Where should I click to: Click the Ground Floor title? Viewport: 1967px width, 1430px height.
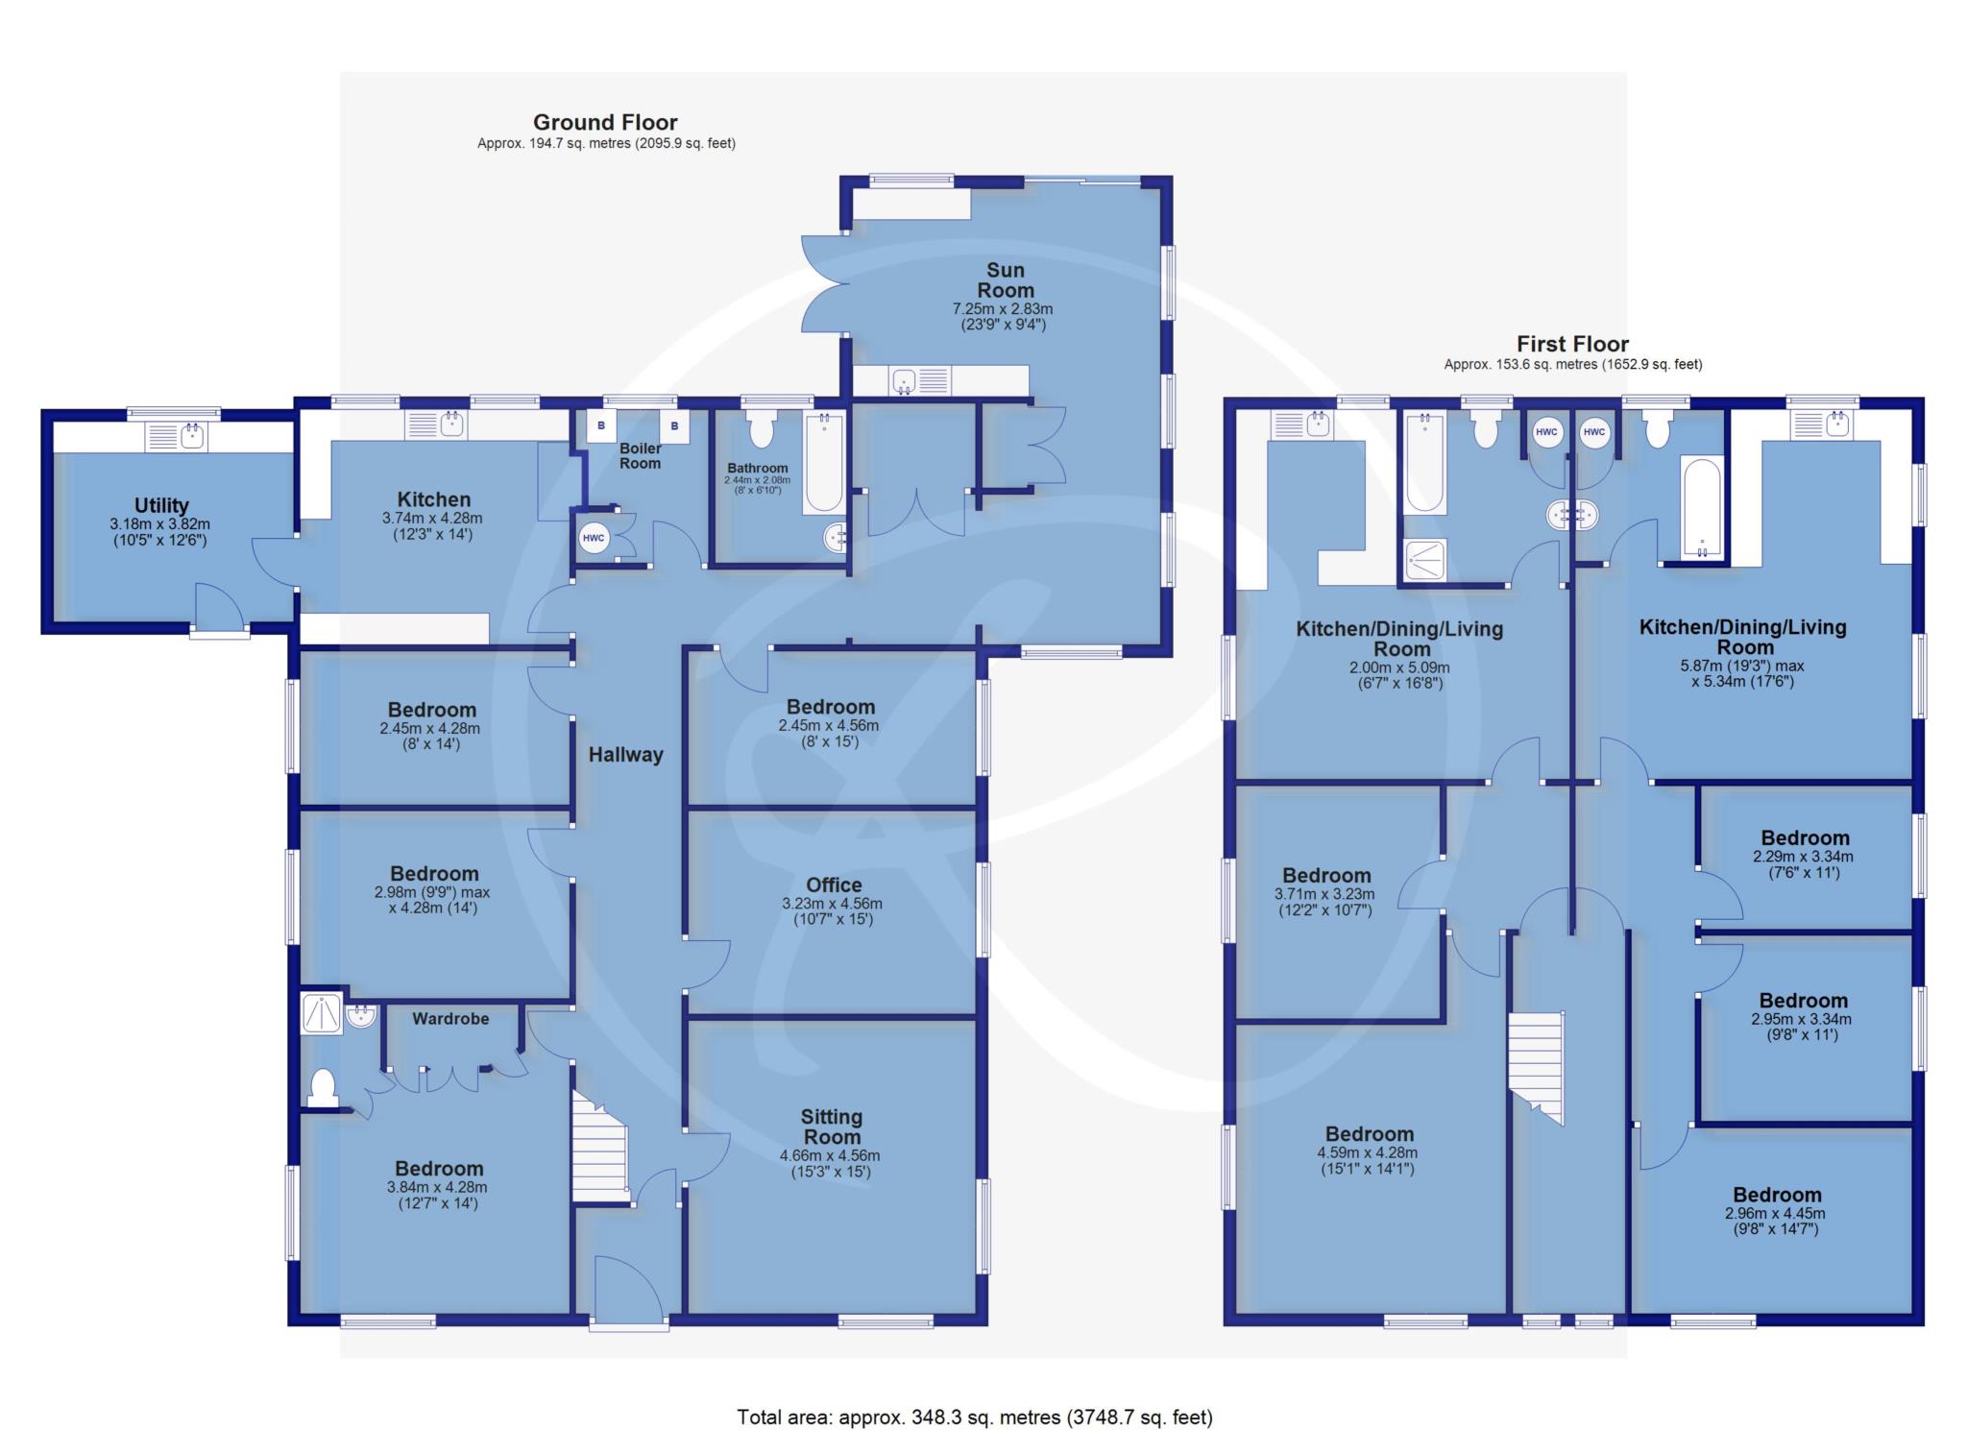[605, 122]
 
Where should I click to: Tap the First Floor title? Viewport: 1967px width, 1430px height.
[1572, 344]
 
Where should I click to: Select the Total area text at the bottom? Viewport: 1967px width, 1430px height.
[975, 1417]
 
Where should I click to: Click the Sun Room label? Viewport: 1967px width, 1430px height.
[1006, 280]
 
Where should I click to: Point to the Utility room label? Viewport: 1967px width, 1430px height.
[161, 505]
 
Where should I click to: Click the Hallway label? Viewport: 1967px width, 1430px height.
[626, 755]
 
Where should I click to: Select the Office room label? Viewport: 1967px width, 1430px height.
[834, 885]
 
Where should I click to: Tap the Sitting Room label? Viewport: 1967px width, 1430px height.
[832, 1127]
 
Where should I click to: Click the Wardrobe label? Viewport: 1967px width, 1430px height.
[450, 1018]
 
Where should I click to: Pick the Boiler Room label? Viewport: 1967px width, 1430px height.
[640, 455]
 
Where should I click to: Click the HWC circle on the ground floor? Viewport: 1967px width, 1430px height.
[594, 538]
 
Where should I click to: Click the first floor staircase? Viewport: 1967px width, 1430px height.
[1535, 1067]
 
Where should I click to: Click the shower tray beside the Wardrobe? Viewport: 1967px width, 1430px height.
[323, 1013]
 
